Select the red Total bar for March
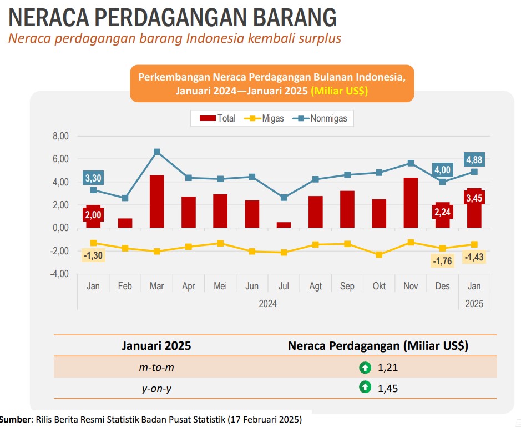point(156,202)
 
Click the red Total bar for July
point(284,225)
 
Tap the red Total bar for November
point(411,203)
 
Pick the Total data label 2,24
point(443,212)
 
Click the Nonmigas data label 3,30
point(93,178)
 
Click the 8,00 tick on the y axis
point(59,136)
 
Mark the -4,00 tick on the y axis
point(59,274)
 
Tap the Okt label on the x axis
point(379,287)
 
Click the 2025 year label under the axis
point(474,304)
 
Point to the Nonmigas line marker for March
point(156,152)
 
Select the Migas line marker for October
point(379,255)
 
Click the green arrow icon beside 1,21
point(365,367)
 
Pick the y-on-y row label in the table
point(156,388)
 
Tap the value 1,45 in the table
point(388,388)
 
